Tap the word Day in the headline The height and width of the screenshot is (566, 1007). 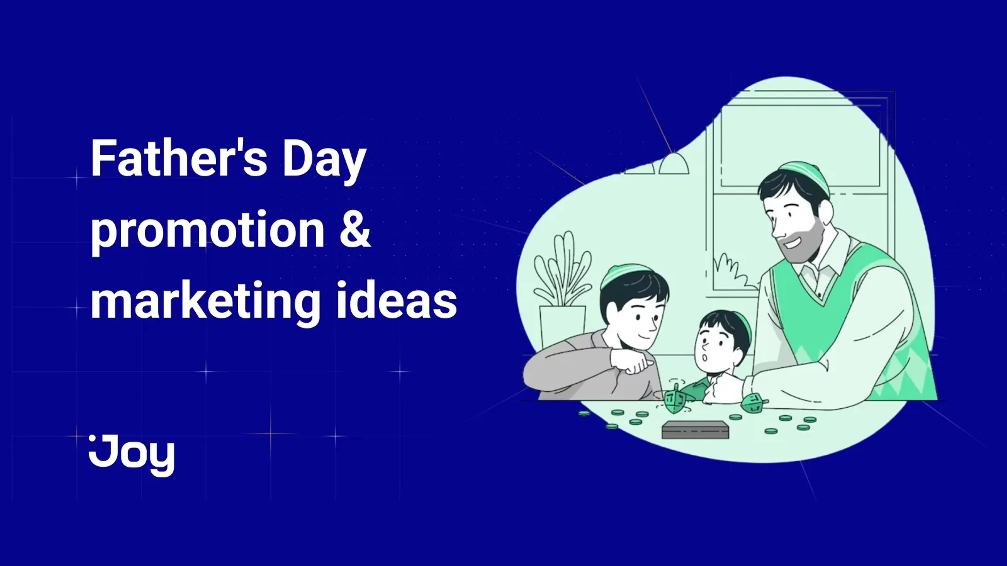[324, 160]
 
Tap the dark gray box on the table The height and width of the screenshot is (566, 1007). [695, 430]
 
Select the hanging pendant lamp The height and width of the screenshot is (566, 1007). [673, 164]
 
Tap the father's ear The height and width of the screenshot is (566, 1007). [825, 213]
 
